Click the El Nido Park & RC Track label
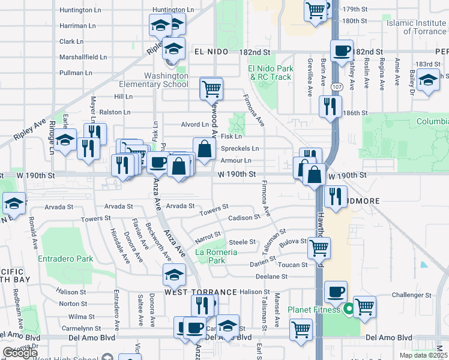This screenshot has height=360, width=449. point(271,73)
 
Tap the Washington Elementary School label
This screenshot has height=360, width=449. point(157,80)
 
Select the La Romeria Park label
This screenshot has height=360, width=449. point(217,256)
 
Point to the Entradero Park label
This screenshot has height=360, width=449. point(65,259)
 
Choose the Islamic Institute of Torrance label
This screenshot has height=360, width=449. point(417,26)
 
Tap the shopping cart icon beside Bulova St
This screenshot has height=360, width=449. point(318,247)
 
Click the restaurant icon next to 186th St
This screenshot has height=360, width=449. point(330,107)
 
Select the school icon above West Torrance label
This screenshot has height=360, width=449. point(174,275)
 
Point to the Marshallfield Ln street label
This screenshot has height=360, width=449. point(83,58)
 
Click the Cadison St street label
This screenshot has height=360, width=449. point(244,217)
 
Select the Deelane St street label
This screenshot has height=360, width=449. point(271,277)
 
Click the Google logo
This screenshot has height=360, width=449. point(20,353)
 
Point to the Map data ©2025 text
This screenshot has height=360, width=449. point(424,355)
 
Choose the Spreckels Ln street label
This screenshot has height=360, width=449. point(240,148)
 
